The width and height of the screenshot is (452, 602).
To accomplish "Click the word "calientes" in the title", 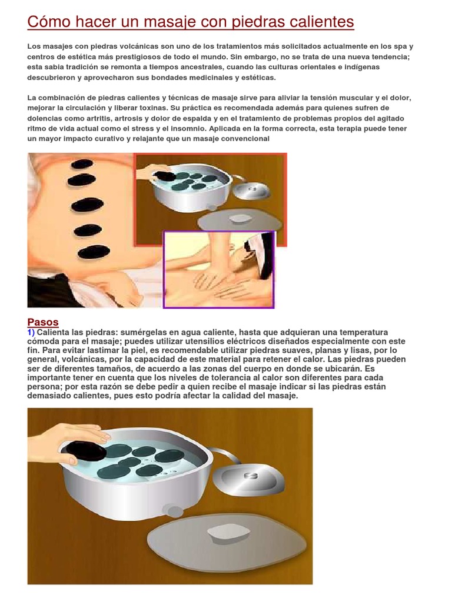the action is (x=321, y=22).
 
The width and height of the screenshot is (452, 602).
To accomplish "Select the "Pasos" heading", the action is (x=42, y=322).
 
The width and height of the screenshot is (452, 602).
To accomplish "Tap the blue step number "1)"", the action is (x=31, y=333).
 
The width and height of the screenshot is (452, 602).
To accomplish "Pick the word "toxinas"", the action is (x=152, y=108).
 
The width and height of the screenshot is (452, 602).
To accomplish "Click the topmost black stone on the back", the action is (x=82, y=164).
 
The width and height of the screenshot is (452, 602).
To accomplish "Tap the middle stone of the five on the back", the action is (x=87, y=205).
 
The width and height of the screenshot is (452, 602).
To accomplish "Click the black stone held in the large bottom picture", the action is (x=85, y=451).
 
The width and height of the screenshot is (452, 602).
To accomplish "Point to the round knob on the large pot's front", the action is (x=174, y=511).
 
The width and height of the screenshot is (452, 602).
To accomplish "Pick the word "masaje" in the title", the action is (x=172, y=22).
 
